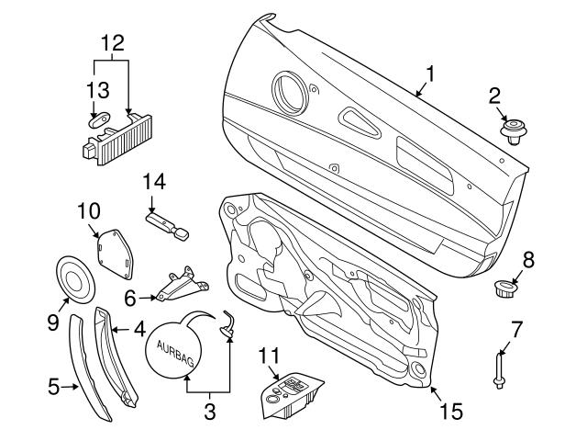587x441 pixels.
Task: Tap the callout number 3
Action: [210, 413]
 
